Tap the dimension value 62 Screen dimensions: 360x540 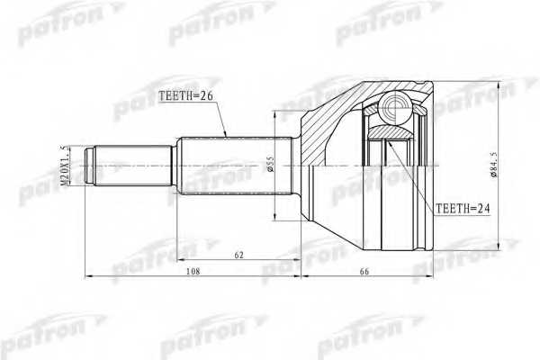click(238, 255)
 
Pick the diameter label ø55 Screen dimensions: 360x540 click(267, 166)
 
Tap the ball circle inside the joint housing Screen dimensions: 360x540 click(394, 111)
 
